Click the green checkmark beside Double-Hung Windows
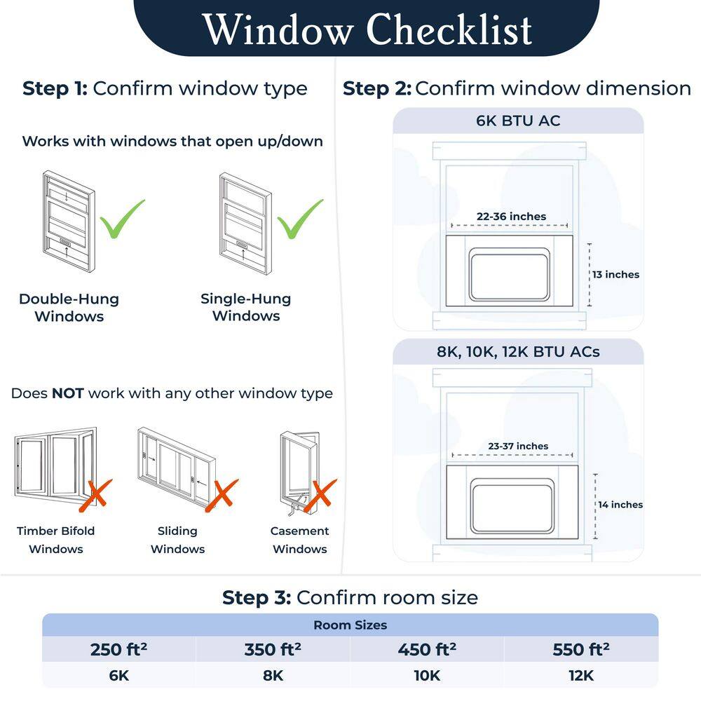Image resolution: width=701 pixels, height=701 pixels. point(121,219)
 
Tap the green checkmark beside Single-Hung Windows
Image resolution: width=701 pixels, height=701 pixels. point(300,219)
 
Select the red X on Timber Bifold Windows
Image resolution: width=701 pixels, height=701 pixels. point(97,493)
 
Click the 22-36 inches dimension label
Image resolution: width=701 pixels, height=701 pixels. point(511,217)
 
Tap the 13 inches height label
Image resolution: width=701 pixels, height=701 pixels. point(615,275)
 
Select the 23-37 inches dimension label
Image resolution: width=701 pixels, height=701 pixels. point(518,446)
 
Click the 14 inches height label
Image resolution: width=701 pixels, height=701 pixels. point(620,505)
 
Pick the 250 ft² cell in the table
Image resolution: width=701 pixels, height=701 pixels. point(118,650)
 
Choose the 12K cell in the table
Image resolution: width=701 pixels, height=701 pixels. point(581,676)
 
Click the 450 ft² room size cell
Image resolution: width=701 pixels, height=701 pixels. point(427,650)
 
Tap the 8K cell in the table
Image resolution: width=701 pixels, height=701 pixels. point(273,676)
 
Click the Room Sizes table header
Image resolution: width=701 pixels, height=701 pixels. point(350,625)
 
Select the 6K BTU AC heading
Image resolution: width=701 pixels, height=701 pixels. point(518,121)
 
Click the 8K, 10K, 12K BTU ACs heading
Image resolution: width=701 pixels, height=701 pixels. point(518,351)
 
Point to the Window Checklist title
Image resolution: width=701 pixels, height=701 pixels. point(367,29)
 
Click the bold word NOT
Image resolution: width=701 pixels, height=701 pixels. point(68,393)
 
